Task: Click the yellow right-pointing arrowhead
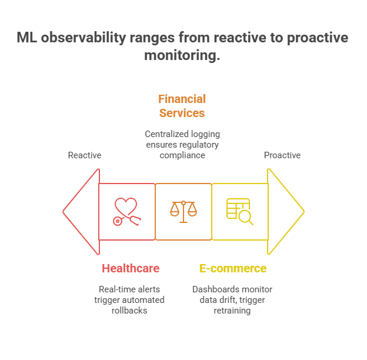pos(285,212)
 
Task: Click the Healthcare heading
pos(131,268)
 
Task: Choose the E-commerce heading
pos(232,268)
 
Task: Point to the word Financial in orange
pos(182,99)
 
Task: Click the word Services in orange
pos(182,112)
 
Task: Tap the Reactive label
pos(85,155)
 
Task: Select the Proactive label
pos(282,155)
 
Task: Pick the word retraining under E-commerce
pos(232,310)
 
